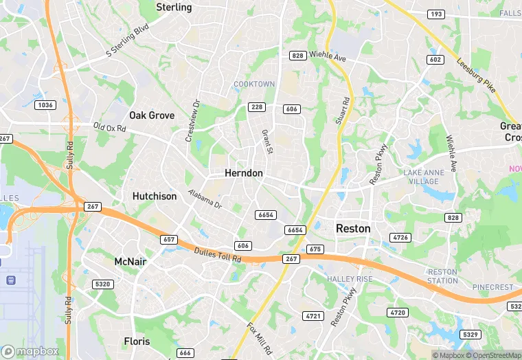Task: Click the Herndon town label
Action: [x=243, y=173]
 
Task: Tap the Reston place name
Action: [x=352, y=228]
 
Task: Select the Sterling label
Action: [x=174, y=7]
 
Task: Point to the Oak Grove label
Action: [x=152, y=115]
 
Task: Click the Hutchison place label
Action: [x=154, y=196]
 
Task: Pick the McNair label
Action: [x=130, y=261]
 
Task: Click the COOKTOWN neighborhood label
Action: [x=254, y=85]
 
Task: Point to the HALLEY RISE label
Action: [x=350, y=279]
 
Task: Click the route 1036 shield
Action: [x=46, y=104]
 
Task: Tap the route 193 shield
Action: [x=435, y=14]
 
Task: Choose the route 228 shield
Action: [x=257, y=106]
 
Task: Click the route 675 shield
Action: [x=315, y=249]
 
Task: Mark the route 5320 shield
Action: [x=102, y=284]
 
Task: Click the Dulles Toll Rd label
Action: [x=218, y=255]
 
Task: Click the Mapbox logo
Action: [x=30, y=351]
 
